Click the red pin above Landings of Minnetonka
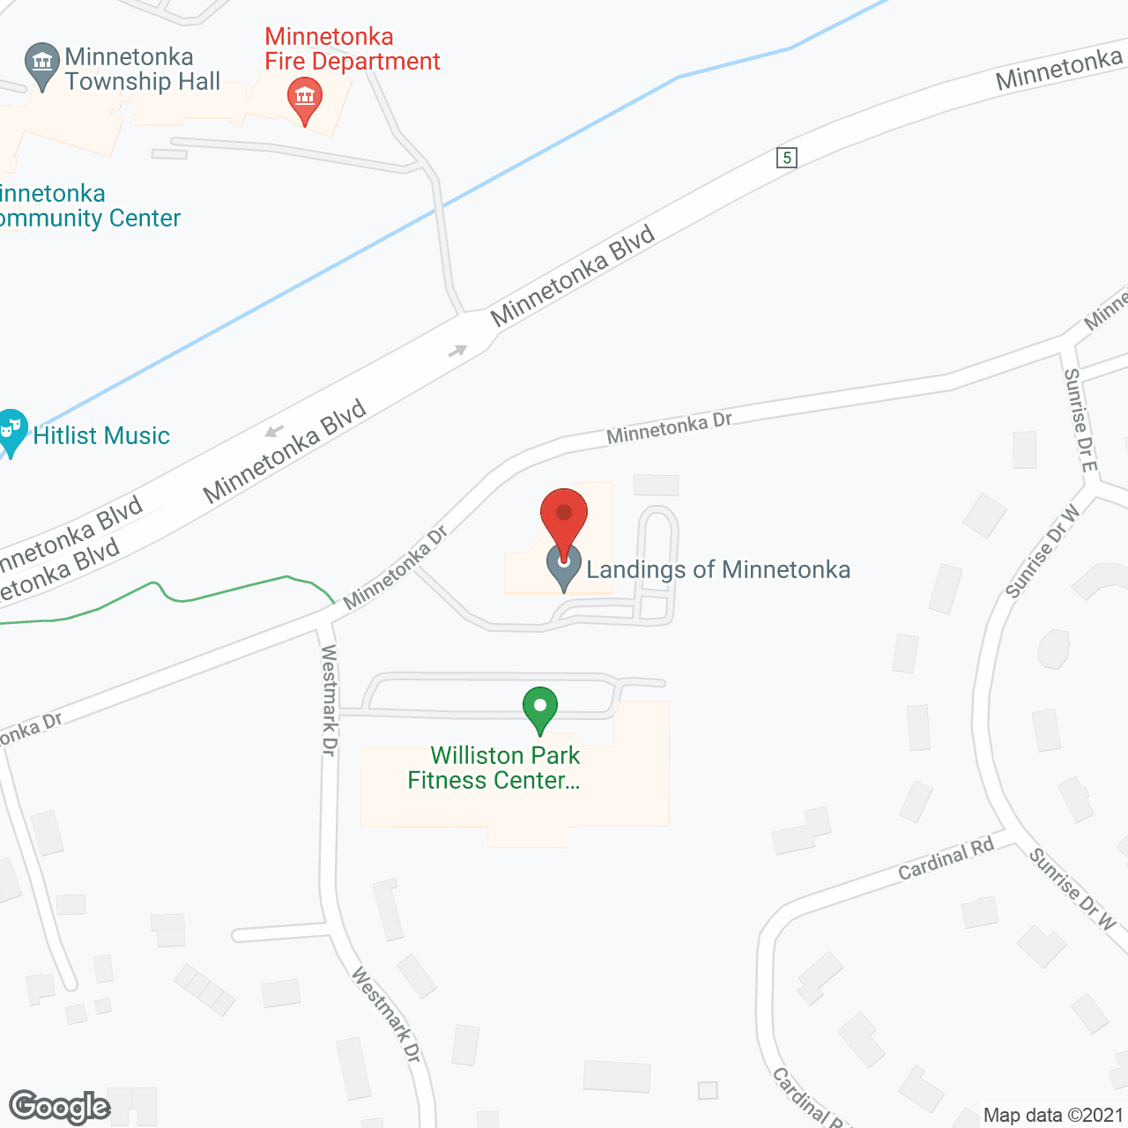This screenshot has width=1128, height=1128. (x=563, y=515)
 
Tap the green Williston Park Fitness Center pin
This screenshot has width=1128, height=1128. (x=540, y=709)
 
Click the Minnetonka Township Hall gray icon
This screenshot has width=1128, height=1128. (x=41, y=64)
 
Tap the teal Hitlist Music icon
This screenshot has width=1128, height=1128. (x=11, y=431)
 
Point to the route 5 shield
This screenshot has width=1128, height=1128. (x=787, y=158)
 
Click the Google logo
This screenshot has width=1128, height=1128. (x=60, y=1107)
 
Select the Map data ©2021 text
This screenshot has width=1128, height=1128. (x=1053, y=1115)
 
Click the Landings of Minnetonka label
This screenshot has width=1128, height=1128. (x=718, y=570)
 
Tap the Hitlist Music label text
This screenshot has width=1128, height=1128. (x=101, y=436)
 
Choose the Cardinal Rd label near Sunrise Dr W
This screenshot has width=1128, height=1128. (x=946, y=858)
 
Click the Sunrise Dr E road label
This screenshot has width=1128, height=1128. (x=1080, y=419)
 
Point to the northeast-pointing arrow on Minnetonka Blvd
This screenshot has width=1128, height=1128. (x=457, y=351)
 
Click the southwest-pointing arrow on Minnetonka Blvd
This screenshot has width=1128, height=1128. (x=274, y=431)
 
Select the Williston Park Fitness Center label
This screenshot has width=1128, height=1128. (x=495, y=768)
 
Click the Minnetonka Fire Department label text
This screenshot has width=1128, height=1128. (x=352, y=49)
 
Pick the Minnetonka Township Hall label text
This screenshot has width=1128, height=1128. (x=142, y=70)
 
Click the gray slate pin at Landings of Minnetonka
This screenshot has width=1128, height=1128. (x=564, y=568)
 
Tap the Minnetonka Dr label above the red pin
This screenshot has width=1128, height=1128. (x=670, y=428)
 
